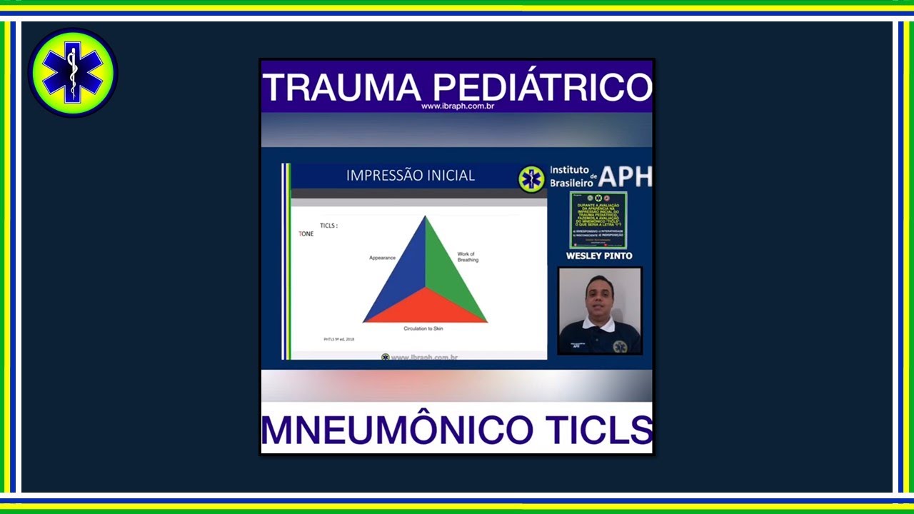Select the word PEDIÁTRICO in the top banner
coord(543,87)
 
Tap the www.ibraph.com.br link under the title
coord(458,106)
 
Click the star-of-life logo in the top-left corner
coord(72,73)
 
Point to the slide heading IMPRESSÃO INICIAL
coord(410,176)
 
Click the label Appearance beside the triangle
coord(382,258)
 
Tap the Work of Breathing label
coord(467,257)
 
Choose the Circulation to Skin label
coord(423,328)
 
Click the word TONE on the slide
coord(306,234)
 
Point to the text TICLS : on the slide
coord(328,226)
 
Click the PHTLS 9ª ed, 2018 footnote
coord(339,339)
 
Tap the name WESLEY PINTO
coord(599,256)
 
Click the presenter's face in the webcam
coord(598,298)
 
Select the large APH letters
coord(625,176)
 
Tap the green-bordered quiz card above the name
coord(598,220)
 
